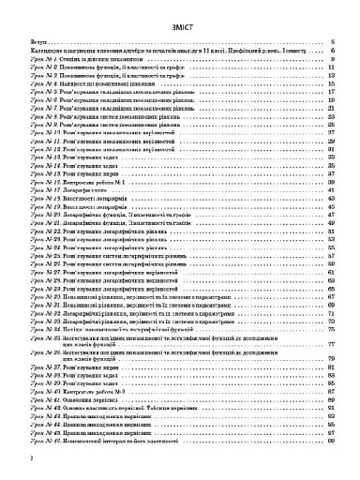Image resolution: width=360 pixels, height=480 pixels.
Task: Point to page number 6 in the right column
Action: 335,52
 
